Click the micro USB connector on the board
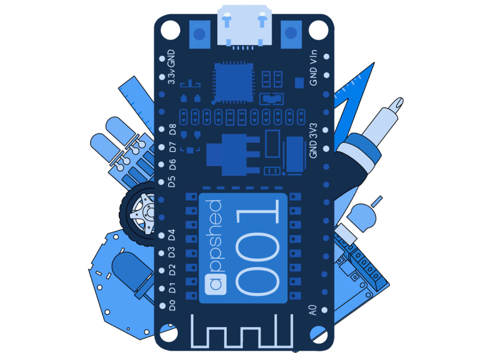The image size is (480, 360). [244, 26]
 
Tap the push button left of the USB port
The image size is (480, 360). [200, 34]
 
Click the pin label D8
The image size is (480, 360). [173, 130]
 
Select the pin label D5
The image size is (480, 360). [172, 181]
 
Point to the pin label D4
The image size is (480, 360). [172, 235]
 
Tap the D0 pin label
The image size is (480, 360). [172, 305]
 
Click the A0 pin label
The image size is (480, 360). [313, 310]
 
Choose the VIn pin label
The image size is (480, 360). [313, 57]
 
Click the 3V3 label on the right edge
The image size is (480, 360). [313, 131]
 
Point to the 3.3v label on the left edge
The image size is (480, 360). [172, 77]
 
